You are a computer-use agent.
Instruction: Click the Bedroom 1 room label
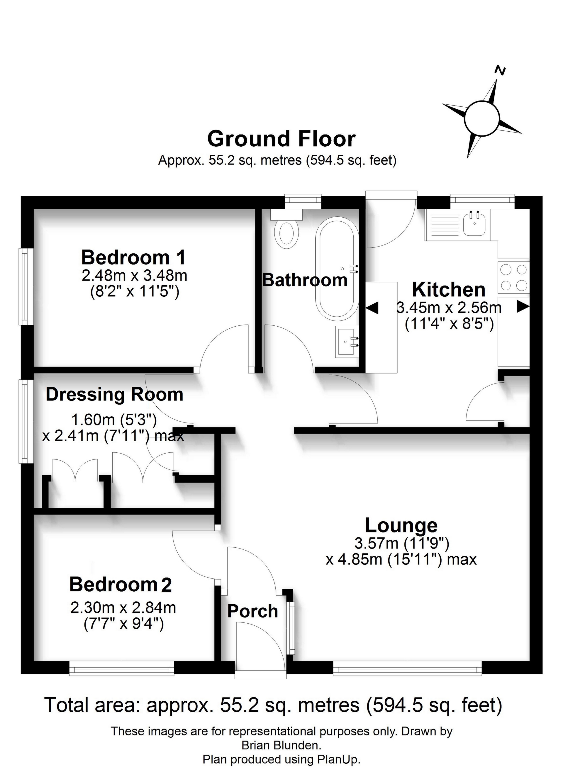click(x=133, y=258)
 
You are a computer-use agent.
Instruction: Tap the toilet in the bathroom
click(x=286, y=229)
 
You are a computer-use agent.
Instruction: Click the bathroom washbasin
click(x=347, y=342)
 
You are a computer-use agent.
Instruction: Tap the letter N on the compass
click(x=501, y=70)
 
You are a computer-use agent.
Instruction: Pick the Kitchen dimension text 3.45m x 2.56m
click(x=449, y=308)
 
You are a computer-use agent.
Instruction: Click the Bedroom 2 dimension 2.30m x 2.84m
click(x=123, y=607)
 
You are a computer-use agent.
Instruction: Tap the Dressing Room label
click(x=115, y=395)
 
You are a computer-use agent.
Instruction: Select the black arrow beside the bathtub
click(x=372, y=308)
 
